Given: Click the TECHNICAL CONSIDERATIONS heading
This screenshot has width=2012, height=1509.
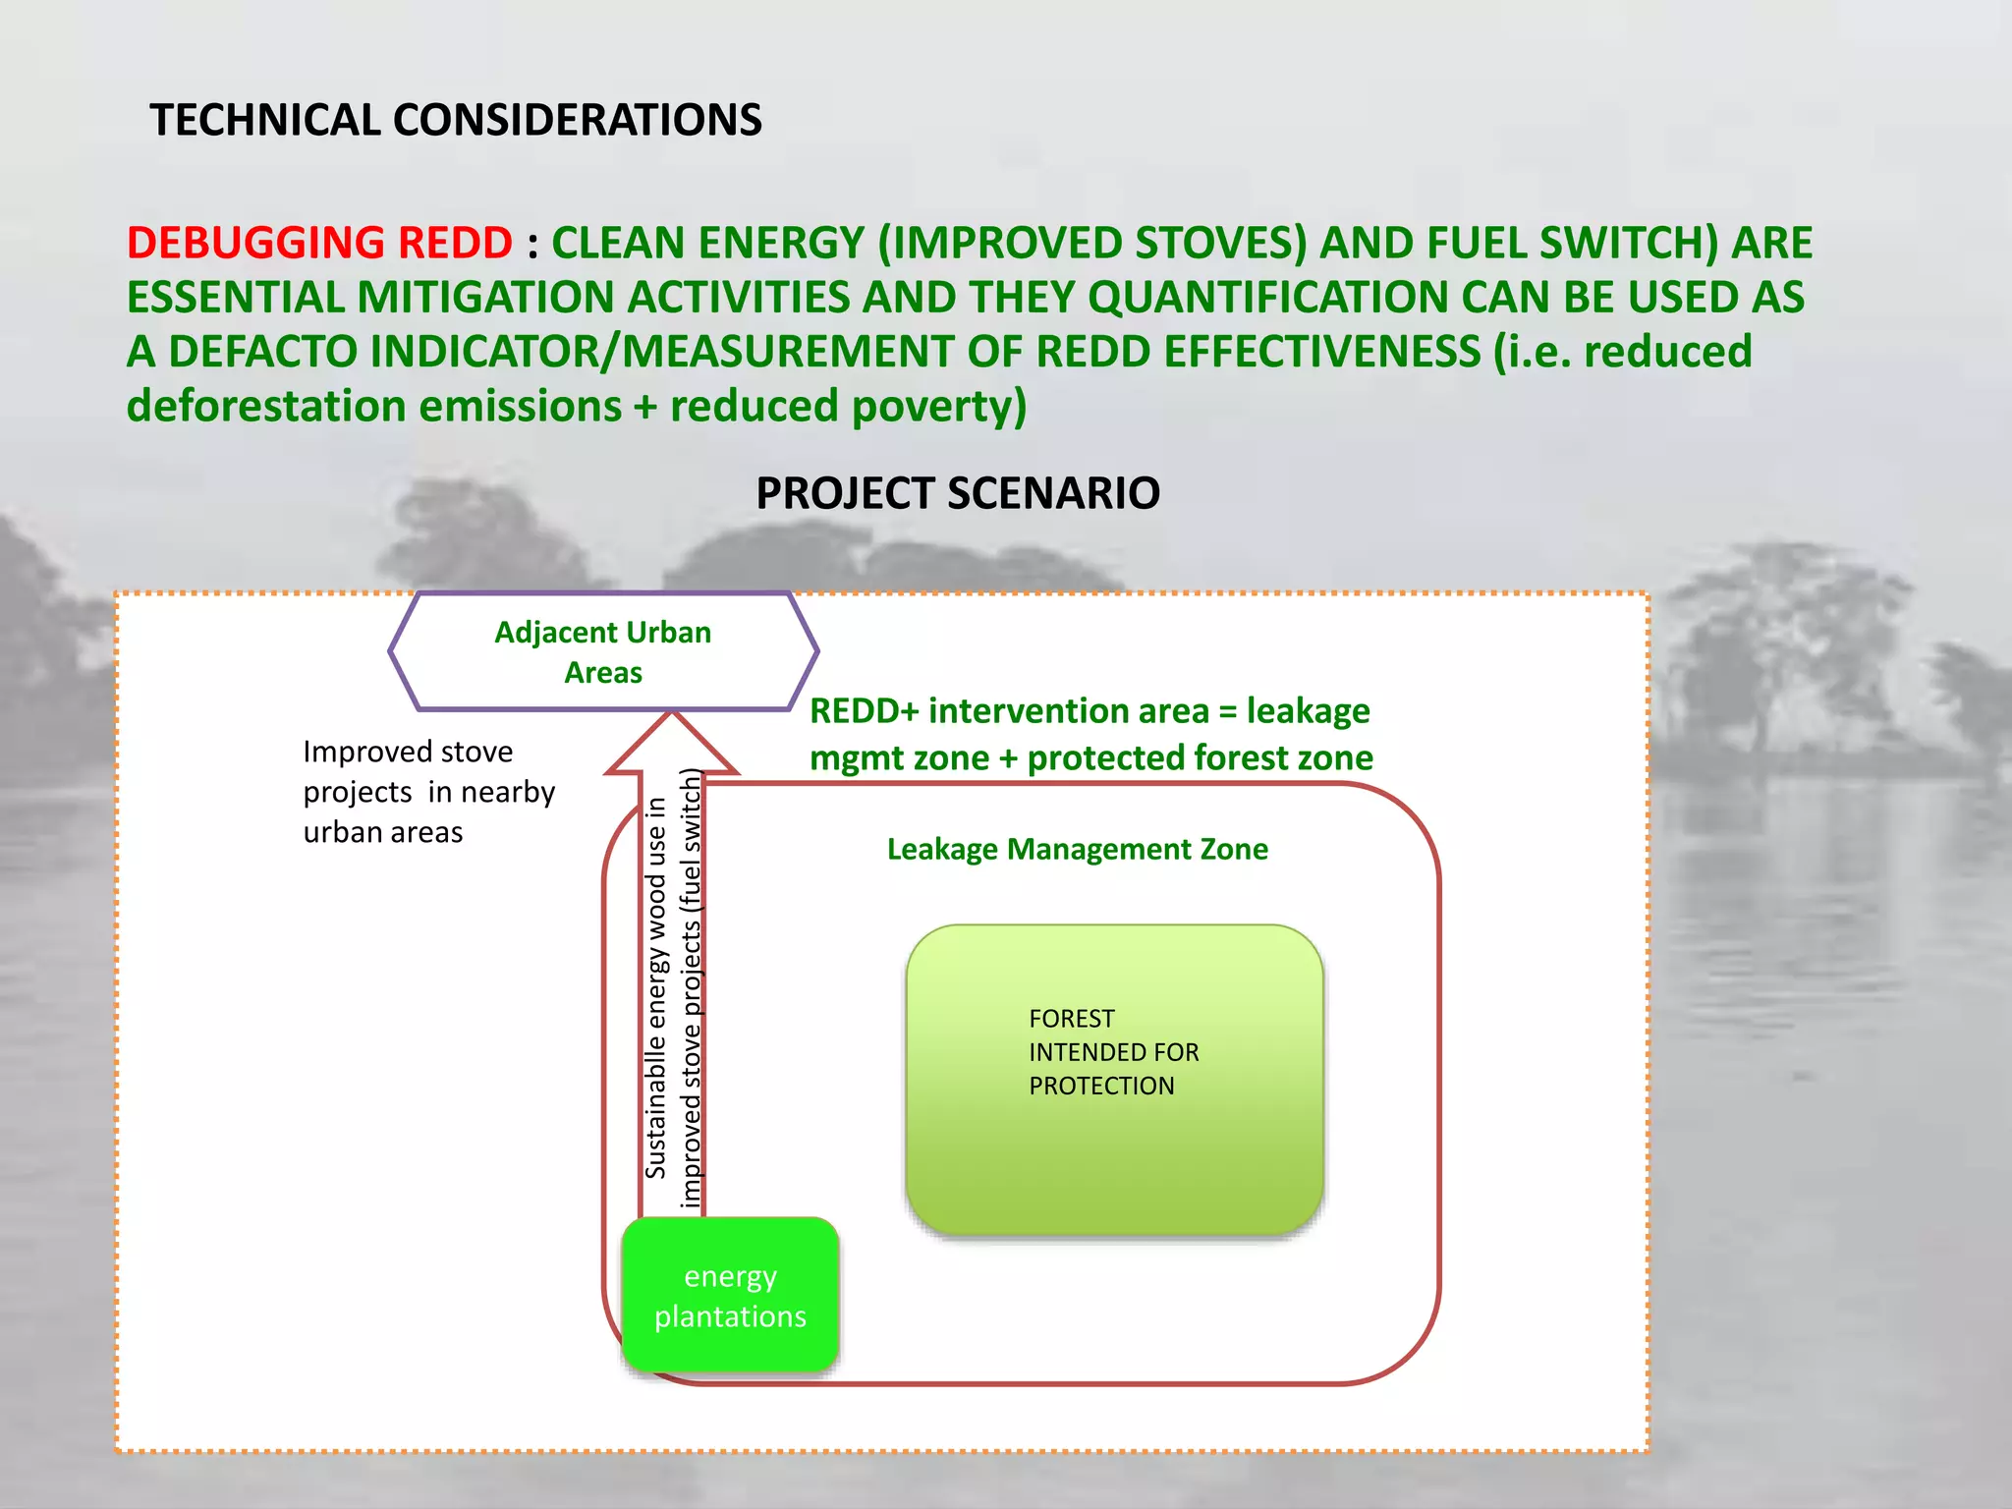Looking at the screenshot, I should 455,120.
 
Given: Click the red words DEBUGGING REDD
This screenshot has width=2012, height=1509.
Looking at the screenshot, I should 319,243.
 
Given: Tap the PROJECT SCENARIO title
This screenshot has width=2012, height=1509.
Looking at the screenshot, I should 957,492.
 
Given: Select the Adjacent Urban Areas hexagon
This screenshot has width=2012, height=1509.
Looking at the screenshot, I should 602,651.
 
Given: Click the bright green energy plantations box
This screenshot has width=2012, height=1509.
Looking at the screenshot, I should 730,1295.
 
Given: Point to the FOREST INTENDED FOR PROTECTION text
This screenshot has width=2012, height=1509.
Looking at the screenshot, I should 1113,1052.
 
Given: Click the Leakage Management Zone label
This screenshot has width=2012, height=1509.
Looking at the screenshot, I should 1077,849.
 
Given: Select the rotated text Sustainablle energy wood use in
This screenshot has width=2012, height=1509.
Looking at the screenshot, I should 655,987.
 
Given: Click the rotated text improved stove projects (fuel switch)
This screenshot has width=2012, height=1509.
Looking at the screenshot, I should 692,987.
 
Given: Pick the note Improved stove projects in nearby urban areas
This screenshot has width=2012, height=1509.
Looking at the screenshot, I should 428,792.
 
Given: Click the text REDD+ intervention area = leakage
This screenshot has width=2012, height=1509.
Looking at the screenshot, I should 1089,710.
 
